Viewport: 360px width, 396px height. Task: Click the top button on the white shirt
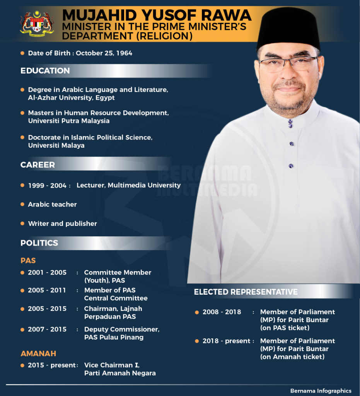(x=290, y=123)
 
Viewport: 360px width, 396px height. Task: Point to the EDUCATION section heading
(x=45, y=71)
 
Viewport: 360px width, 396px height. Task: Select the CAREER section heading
(x=38, y=165)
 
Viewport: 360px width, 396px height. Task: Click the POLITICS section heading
(x=39, y=243)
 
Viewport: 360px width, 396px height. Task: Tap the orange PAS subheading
(x=28, y=260)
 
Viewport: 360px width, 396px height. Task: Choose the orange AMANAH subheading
(x=38, y=353)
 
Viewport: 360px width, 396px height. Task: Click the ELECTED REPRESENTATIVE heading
(x=246, y=292)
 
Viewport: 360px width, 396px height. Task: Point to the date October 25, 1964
(x=104, y=53)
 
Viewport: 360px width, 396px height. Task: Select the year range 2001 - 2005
(x=47, y=273)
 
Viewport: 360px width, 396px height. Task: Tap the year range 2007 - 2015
(x=47, y=329)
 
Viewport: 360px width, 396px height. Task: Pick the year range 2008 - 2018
(x=222, y=312)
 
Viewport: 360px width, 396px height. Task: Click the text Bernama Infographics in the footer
(x=321, y=391)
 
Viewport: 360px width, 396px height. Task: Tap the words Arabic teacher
(x=52, y=204)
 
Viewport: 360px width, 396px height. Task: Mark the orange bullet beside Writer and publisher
(x=22, y=224)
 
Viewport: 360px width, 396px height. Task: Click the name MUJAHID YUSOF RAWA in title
(x=157, y=15)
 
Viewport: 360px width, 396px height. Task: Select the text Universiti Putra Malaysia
(x=68, y=121)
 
